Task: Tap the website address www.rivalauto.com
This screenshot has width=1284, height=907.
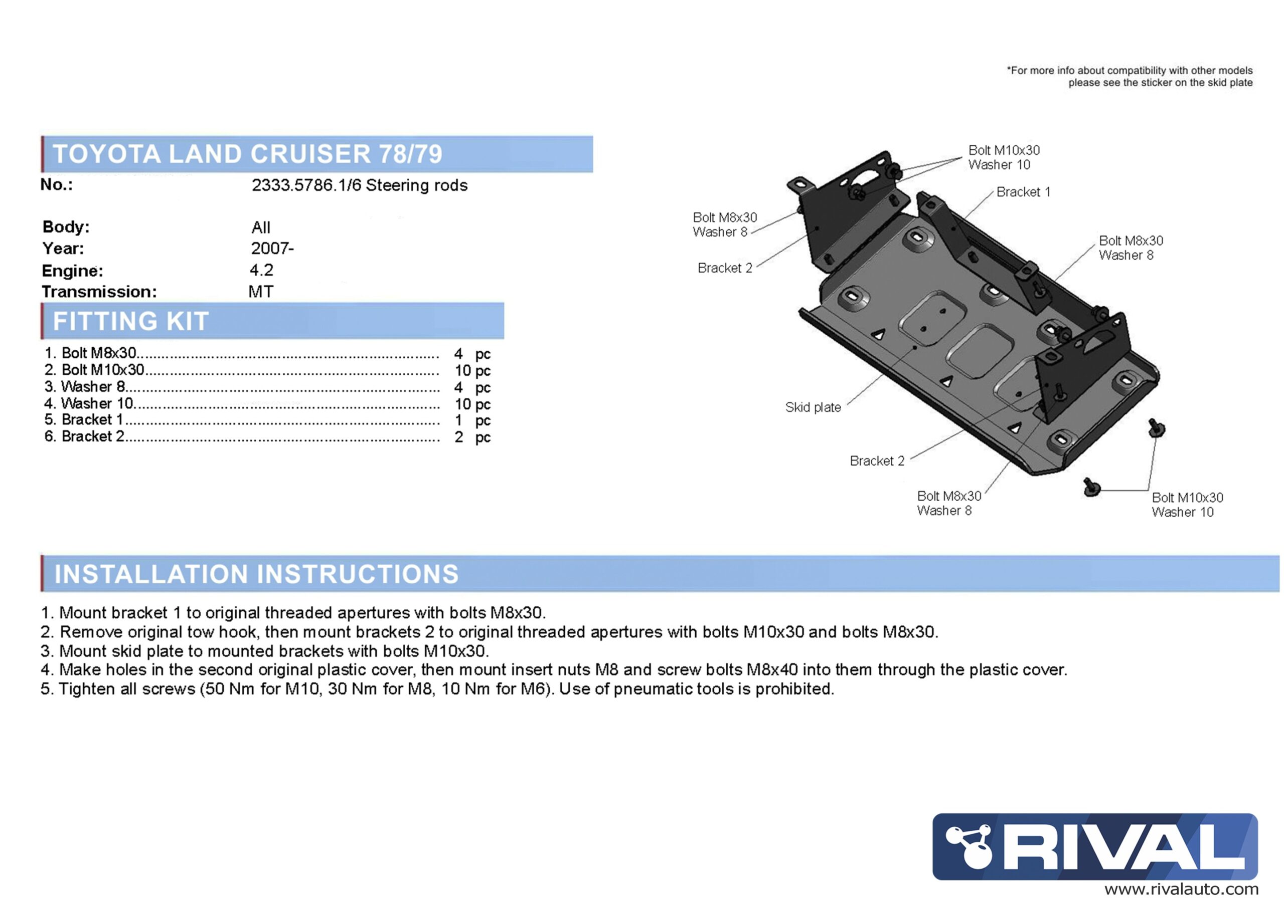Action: [x=1181, y=889]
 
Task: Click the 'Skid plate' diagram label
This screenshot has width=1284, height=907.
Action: [x=813, y=407]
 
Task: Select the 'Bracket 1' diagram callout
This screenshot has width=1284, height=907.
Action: [x=1023, y=192]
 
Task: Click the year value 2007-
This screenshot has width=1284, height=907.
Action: [x=272, y=248]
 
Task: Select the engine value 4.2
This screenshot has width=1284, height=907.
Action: [x=261, y=270]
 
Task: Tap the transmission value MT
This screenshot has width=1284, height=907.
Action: [x=261, y=292]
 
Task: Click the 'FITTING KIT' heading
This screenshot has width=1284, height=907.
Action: [x=131, y=321]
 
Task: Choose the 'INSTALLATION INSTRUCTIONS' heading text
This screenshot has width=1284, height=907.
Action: [x=256, y=574]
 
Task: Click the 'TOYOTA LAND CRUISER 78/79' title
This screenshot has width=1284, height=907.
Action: [x=247, y=154]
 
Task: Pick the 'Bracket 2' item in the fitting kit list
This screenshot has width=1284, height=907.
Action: [x=92, y=436]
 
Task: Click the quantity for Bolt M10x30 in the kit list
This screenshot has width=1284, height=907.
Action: [x=472, y=370]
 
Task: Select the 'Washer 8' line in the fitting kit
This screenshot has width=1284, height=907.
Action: [x=92, y=387]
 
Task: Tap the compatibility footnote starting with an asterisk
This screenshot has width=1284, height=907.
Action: [x=1130, y=77]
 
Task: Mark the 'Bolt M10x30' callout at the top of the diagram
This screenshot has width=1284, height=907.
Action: [x=1004, y=150]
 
